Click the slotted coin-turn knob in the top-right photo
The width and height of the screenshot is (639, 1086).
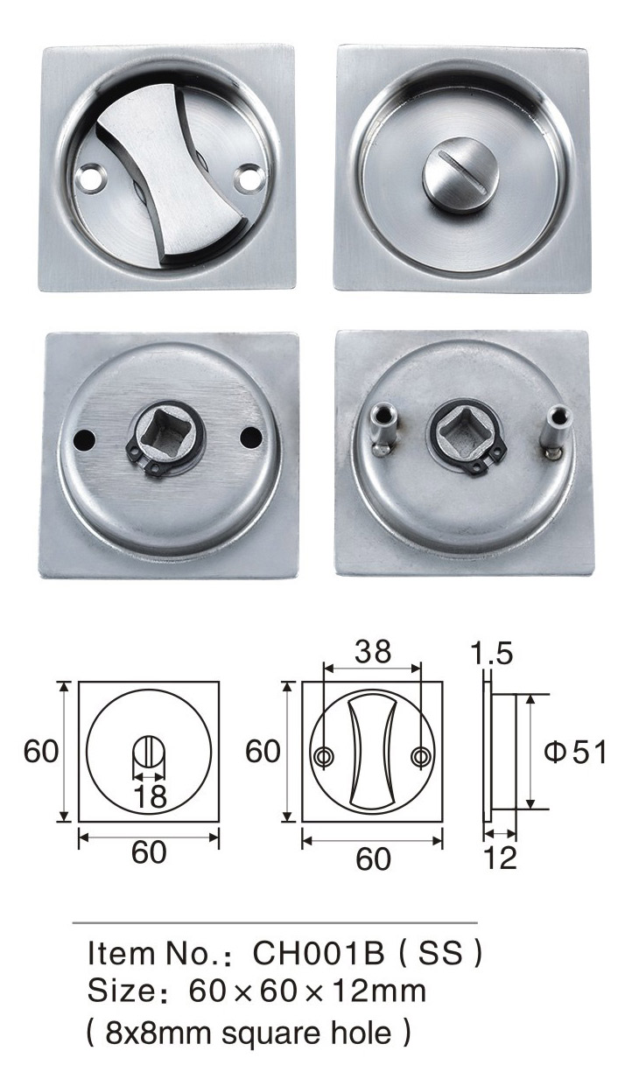pos(460,174)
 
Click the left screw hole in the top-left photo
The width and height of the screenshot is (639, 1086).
pos(92,177)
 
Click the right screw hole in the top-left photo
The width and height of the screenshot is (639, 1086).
pos(249,177)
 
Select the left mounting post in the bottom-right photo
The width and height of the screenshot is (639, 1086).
pos(383,428)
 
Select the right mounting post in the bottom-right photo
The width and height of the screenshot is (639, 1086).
pos(557,429)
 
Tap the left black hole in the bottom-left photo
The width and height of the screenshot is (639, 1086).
pos(84,438)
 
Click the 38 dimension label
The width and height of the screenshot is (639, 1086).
pos(373,652)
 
